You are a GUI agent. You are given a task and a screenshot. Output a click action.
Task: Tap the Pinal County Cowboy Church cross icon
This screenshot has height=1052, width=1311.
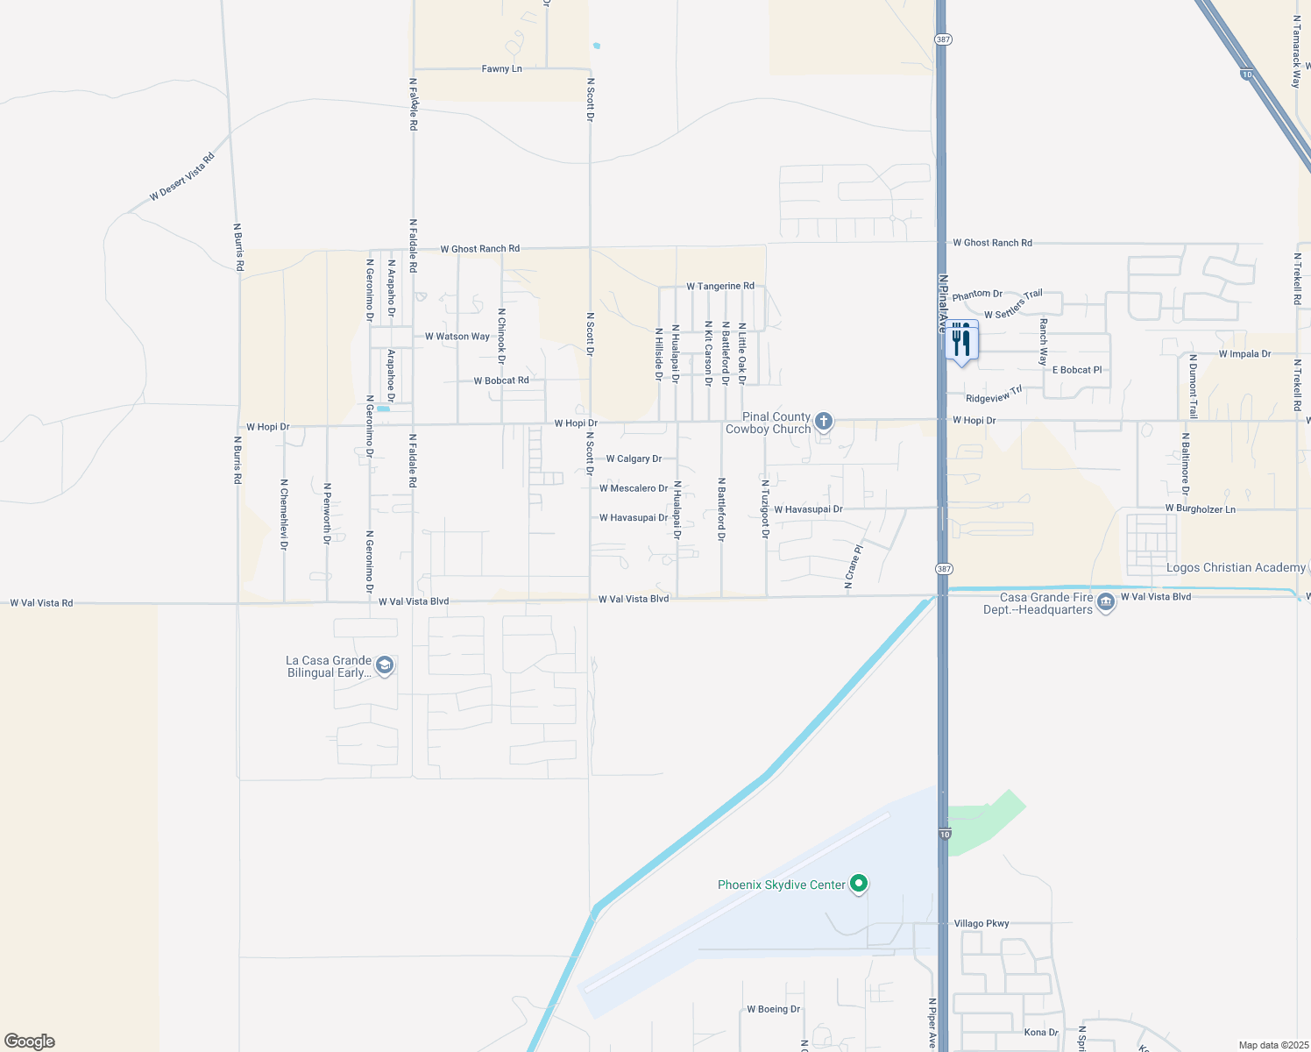tap(824, 422)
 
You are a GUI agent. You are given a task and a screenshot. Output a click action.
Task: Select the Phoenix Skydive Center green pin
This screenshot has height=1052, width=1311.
tap(859, 884)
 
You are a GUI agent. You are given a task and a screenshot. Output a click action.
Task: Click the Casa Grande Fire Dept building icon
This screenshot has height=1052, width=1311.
tap(1106, 602)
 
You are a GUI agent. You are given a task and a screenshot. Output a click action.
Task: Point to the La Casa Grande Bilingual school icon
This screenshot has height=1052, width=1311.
tap(384, 665)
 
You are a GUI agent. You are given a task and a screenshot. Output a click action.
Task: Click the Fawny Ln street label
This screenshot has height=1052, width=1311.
tap(501, 68)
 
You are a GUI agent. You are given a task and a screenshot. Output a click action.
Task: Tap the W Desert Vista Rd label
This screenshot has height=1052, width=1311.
tap(182, 177)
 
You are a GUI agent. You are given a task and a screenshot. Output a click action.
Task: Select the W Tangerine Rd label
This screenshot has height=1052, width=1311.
tap(720, 286)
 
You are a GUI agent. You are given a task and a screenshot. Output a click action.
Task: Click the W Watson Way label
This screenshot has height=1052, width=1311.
tap(457, 336)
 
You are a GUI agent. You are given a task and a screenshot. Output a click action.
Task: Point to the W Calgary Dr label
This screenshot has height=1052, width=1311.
tap(634, 458)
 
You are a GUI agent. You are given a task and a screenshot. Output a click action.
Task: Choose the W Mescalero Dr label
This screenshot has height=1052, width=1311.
tap(634, 488)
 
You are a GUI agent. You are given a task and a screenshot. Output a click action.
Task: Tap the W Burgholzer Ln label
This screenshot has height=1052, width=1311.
tap(1200, 508)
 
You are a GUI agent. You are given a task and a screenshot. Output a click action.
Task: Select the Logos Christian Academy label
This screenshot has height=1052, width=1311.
tap(1236, 567)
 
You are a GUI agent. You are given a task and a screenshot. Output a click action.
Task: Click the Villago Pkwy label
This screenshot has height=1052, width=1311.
tap(981, 923)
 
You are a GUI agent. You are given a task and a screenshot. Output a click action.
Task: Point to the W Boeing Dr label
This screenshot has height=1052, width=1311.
tap(773, 1009)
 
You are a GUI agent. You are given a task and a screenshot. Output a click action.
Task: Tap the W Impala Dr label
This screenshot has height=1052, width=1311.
tap(1244, 354)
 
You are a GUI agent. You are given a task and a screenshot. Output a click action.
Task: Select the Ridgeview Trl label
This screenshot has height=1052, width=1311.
tap(994, 394)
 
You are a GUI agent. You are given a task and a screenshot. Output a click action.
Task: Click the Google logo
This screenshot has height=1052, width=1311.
tap(30, 1041)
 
